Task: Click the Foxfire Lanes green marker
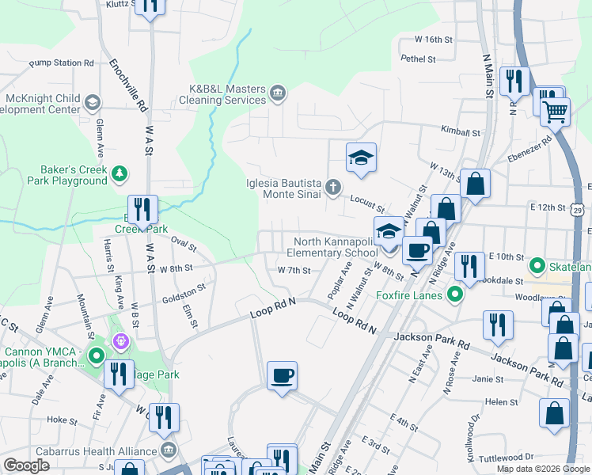[x=454, y=296]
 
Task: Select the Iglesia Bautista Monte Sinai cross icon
[x=333, y=188]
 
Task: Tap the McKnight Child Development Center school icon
[x=93, y=102]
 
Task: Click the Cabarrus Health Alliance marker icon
[x=168, y=451]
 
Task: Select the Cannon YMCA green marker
[x=97, y=356]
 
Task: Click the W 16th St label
[x=434, y=39]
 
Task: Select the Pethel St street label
[x=418, y=59]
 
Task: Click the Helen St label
[x=501, y=402]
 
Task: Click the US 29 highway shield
[x=579, y=210]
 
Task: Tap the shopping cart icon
[x=555, y=112]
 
